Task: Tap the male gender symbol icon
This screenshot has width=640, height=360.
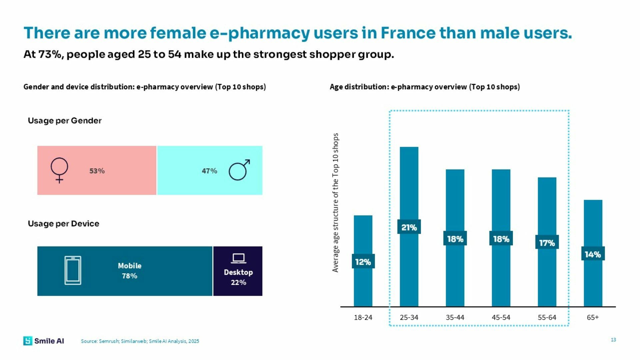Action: point(239,170)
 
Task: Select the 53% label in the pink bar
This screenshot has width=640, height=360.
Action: point(97,171)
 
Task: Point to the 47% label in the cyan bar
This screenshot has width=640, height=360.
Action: point(209,171)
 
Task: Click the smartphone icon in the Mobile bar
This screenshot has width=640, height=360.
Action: point(73,270)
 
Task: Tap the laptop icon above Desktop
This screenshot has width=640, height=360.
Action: point(238,258)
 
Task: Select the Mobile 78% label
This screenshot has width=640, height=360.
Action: point(130,271)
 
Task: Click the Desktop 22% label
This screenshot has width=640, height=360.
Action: point(238,277)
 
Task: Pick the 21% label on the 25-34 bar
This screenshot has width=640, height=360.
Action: point(409,227)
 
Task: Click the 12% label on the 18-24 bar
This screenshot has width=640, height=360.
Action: point(363,262)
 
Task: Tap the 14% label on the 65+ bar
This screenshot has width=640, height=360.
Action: point(593,254)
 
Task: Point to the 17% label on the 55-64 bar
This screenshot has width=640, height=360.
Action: point(547,243)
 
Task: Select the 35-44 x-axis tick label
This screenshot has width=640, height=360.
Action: point(455,318)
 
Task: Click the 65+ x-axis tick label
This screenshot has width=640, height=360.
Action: point(593,318)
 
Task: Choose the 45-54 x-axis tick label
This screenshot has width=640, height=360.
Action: point(501,318)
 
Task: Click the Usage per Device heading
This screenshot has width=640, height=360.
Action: point(63,224)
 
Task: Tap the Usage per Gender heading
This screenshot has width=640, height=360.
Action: point(65,121)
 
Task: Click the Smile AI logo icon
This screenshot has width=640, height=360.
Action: point(28,341)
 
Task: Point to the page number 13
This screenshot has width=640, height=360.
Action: point(613,340)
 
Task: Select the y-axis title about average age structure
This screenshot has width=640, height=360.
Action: point(335,203)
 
